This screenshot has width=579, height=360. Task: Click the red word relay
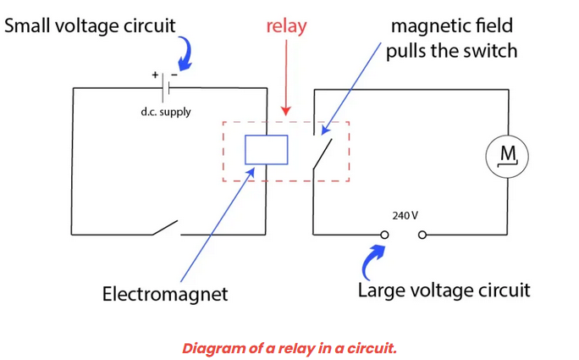[x=286, y=26]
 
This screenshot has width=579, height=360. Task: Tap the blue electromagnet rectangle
[x=266, y=150]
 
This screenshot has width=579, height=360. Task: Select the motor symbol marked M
[x=507, y=155]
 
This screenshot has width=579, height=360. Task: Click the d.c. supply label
[x=166, y=112]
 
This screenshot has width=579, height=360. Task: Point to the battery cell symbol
[x=168, y=87]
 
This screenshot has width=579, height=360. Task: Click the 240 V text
[x=405, y=215]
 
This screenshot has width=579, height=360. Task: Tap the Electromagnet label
[x=165, y=295]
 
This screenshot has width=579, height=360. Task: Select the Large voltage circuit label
[x=444, y=291]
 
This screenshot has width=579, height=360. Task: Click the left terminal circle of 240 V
[x=385, y=235]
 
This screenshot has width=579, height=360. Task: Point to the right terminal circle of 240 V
[x=422, y=235]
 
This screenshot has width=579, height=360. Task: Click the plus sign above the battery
[x=156, y=75]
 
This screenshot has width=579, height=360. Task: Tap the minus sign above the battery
[x=174, y=75]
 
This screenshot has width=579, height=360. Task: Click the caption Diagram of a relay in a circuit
[x=289, y=348]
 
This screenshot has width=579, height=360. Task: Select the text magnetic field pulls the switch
[x=451, y=38]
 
